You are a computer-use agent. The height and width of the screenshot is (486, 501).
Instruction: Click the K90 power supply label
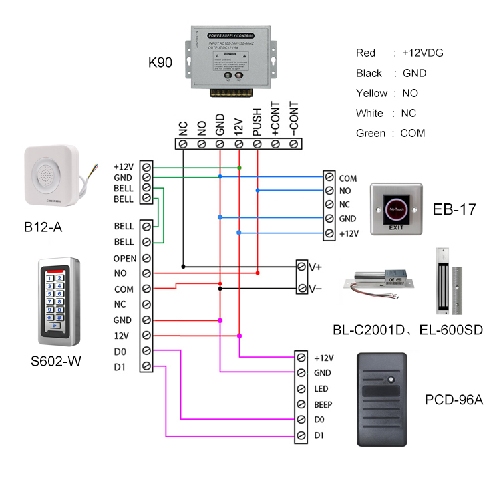[160, 64]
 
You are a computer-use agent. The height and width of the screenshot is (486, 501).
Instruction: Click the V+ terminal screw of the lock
[303, 266]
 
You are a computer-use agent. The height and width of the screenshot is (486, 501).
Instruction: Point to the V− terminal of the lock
[303, 289]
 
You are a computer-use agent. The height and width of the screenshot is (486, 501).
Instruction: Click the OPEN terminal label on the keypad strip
[125, 258]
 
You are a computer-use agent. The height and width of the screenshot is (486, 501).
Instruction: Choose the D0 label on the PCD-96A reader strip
[319, 420]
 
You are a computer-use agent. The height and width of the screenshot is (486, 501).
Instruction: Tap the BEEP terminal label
[323, 404]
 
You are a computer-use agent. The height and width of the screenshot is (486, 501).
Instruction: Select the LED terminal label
[321, 388]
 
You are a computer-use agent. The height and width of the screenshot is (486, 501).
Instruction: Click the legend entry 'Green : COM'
[390, 133]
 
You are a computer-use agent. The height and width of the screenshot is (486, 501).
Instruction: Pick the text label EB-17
[454, 209]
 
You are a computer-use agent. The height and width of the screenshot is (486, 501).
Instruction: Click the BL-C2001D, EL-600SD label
[407, 330]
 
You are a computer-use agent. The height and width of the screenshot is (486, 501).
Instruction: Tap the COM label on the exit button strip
[347, 179]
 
